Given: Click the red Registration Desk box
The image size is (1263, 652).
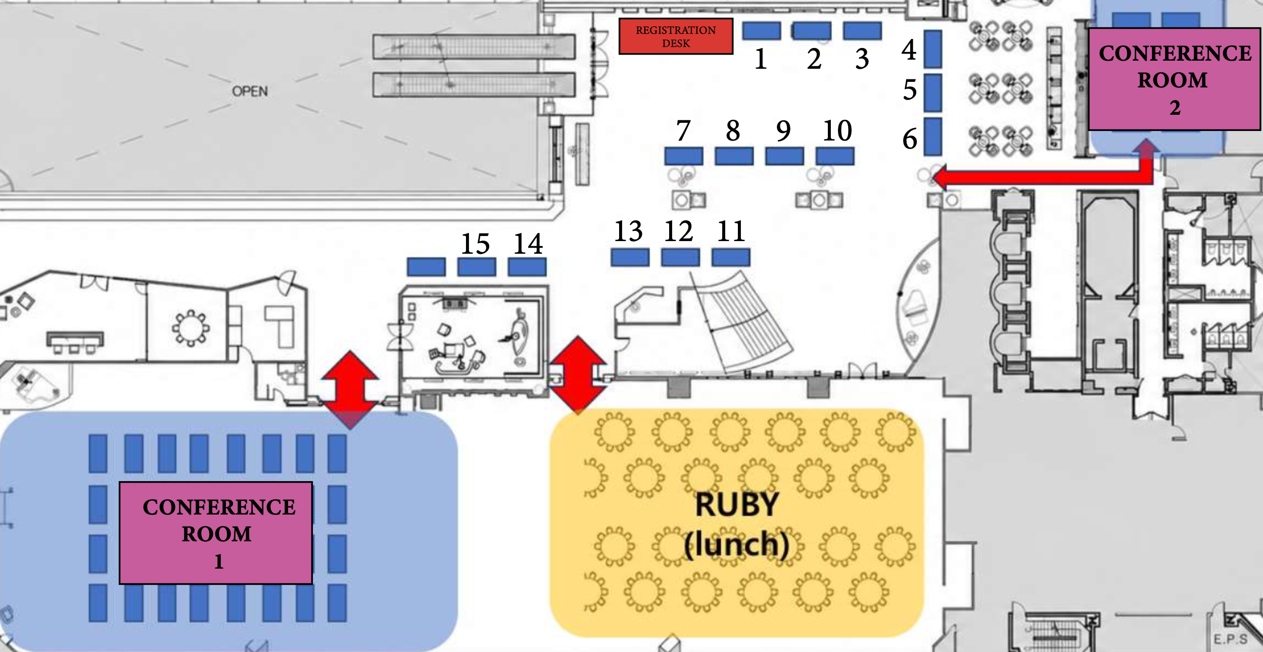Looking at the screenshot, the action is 676,36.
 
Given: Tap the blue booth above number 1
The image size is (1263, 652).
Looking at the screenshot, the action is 761,31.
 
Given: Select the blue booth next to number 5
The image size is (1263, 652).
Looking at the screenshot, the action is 932,93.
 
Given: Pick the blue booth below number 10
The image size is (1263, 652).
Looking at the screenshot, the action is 835,156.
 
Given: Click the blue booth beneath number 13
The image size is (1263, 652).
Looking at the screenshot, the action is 630,257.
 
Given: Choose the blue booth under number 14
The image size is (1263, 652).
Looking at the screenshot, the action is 527,267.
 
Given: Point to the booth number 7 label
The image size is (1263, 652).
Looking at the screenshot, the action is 683,130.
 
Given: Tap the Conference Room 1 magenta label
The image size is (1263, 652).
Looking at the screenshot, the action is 216,533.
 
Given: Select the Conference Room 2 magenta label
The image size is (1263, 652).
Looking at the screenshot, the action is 1174,79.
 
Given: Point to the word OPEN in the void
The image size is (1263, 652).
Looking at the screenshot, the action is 250,91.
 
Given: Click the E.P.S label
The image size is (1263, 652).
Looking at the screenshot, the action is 1230,639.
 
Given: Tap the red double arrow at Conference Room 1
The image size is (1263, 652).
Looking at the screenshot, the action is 350,390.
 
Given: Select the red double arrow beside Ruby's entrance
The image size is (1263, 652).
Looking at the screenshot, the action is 578,375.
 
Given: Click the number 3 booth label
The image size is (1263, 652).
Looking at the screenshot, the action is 862,59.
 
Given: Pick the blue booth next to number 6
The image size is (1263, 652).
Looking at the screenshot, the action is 932,136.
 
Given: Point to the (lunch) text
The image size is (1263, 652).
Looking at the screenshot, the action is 736,545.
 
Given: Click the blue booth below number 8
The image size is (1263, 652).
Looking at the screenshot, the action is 734,156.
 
